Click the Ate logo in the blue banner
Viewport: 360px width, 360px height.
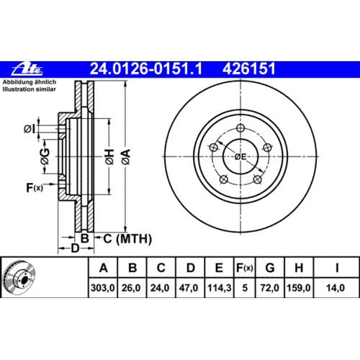coord(27,69)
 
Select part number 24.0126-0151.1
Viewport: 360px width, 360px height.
coord(146,69)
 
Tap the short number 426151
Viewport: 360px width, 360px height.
coord(249,69)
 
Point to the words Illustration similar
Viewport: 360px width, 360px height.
coord(29,89)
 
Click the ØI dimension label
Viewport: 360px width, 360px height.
coord(30,129)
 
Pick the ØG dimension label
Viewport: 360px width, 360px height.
coord(45,156)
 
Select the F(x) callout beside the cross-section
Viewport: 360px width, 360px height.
coord(35,188)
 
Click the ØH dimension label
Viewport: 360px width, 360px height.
coord(109,156)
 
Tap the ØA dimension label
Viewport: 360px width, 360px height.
coord(126,156)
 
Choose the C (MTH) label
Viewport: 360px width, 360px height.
coord(127,239)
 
